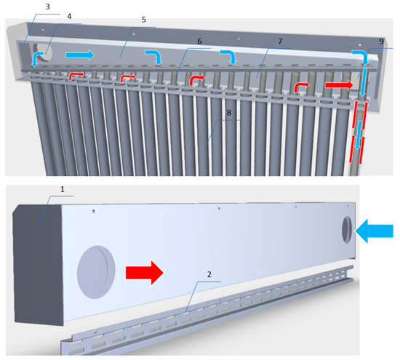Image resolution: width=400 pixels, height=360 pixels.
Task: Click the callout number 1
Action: pyautogui.click(x=63, y=189)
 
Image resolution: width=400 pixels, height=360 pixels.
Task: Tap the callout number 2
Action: pyautogui.click(x=209, y=274)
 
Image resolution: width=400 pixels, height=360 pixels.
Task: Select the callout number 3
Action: pyautogui.click(x=48, y=7)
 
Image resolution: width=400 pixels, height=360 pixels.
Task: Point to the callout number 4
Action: pyautogui.click(x=69, y=17)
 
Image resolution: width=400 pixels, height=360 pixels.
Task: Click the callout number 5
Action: pyautogui.click(x=144, y=20)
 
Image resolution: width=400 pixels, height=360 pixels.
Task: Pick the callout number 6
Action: pyautogui.click(x=199, y=41)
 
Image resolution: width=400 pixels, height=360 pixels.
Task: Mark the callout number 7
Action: pyautogui.click(x=280, y=41)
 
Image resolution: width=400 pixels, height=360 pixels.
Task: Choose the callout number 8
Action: pyautogui.click(x=229, y=113)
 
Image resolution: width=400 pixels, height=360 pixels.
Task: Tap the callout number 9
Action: pyautogui.click(x=381, y=41)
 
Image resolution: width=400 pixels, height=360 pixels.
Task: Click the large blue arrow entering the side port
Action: pyautogui.click(x=374, y=231)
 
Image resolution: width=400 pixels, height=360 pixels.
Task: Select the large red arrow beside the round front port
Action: pyautogui.click(x=145, y=273)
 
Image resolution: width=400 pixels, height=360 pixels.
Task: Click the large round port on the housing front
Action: pyautogui.click(x=96, y=272)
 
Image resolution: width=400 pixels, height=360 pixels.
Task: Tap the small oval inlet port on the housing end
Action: pyautogui.click(x=347, y=229)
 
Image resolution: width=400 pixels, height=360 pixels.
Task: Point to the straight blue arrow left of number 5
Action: pyautogui.click(x=80, y=55)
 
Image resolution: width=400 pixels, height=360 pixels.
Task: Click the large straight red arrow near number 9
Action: pyautogui.click(x=340, y=85)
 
